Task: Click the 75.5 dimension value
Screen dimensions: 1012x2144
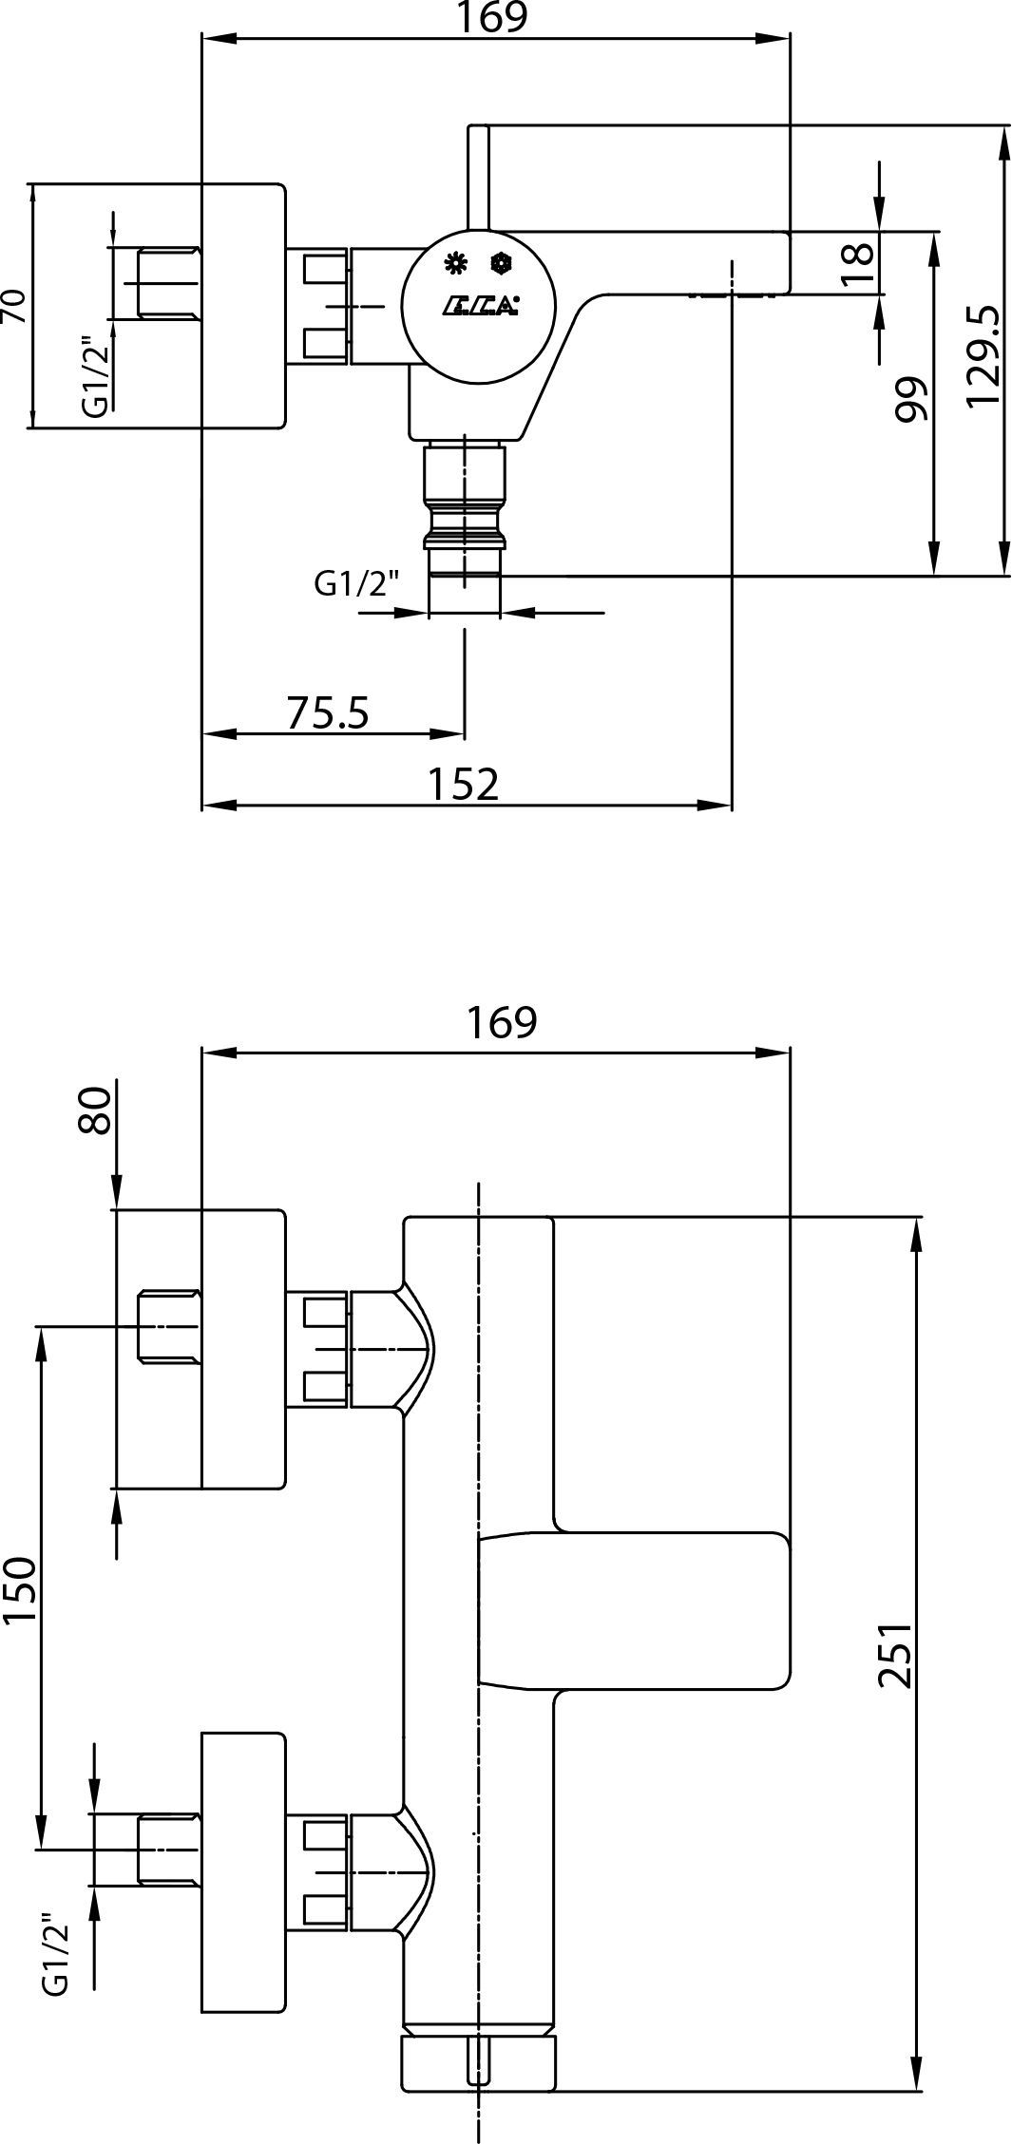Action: click(x=327, y=712)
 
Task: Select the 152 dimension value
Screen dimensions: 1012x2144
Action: click(x=463, y=784)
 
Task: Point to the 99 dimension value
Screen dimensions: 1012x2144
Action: click(x=909, y=399)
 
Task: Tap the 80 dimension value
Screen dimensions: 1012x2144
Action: click(x=95, y=1110)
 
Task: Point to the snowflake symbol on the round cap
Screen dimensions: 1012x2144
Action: click(x=499, y=263)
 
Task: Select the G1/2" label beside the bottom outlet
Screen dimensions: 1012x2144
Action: click(x=356, y=583)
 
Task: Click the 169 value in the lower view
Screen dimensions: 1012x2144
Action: click(x=502, y=1021)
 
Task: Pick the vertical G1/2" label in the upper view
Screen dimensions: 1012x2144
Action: click(x=94, y=375)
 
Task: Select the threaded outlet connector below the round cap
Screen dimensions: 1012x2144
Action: click(x=465, y=508)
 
